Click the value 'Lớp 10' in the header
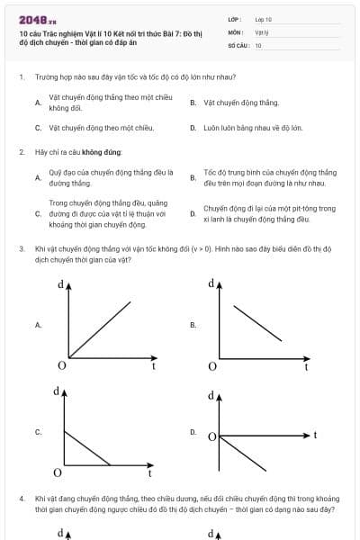[x=264, y=18]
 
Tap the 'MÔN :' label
[x=235, y=31]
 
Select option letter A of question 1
[x=38, y=102]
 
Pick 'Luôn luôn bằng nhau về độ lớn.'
[x=253, y=128]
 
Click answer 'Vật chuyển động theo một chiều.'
[x=102, y=128]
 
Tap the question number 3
[x=21, y=247]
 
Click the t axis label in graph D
[x=316, y=435]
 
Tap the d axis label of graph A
[x=59, y=284]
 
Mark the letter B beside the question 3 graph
[x=193, y=324]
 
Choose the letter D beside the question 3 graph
[x=193, y=432]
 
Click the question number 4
[x=21, y=497]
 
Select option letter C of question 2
[x=38, y=213]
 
